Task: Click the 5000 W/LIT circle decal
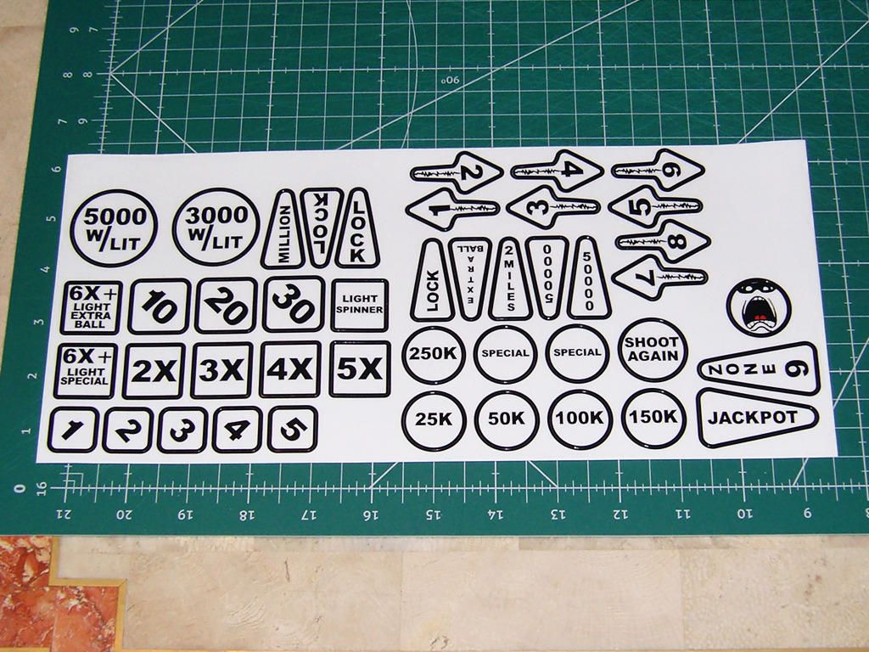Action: pyautogui.click(x=115, y=228)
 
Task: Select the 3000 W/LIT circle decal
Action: pyautogui.click(x=216, y=227)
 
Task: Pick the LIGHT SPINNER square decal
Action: pyautogui.click(x=360, y=305)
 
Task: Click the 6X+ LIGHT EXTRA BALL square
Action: pyautogui.click(x=90, y=307)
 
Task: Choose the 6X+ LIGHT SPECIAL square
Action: pyautogui.click(x=86, y=370)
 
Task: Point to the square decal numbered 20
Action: pyautogui.click(x=227, y=306)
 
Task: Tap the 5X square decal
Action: pyautogui.click(x=360, y=368)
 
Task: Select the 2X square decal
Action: pyautogui.click(x=154, y=371)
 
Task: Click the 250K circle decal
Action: pyautogui.click(x=434, y=355)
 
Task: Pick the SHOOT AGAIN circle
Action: pyautogui.click(x=653, y=350)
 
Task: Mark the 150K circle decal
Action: pyautogui.click(x=653, y=418)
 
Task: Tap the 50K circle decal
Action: pyautogui.click(x=507, y=419)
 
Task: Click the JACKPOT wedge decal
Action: pyautogui.click(x=757, y=418)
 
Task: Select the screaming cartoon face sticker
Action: pyautogui.click(x=759, y=306)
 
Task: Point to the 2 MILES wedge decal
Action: pyautogui.click(x=510, y=278)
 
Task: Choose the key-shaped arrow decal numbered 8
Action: pyautogui.click(x=663, y=241)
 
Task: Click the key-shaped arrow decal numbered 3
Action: pyautogui.click(x=552, y=207)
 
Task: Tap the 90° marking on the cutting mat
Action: pyautogui.click(x=451, y=81)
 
